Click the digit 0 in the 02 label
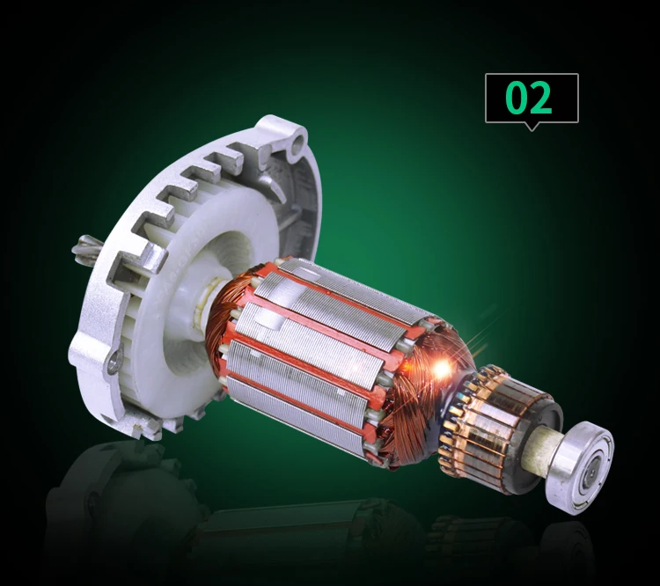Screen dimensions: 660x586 click(517, 98)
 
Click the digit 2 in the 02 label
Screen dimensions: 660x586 click(541, 98)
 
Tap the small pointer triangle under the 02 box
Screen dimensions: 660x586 click(532, 127)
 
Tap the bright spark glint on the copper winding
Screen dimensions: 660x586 click(442, 369)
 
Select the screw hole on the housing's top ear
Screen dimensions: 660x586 click(300, 140)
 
